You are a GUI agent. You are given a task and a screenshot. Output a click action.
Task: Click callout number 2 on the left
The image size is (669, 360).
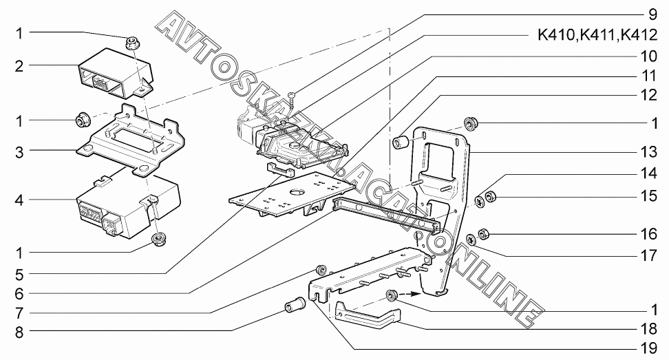click(19, 67)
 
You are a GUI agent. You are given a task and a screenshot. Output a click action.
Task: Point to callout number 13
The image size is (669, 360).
click(646, 151)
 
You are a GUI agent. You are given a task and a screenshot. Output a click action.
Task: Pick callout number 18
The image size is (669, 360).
click(646, 330)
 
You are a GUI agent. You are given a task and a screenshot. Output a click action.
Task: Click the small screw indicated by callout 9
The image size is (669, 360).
click(293, 96)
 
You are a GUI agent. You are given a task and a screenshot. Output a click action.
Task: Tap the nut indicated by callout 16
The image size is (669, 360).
click(483, 233)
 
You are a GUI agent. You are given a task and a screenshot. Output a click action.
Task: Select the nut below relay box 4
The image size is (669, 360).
click(158, 241)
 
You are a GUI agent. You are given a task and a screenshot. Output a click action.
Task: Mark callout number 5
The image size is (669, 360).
click(19, 271)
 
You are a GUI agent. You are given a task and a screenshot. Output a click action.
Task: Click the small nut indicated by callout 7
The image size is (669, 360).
click(319, 268)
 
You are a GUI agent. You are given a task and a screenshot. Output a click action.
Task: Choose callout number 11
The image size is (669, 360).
click(646, 73)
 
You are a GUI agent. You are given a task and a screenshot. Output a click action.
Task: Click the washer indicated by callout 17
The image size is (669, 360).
click(471, 239)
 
